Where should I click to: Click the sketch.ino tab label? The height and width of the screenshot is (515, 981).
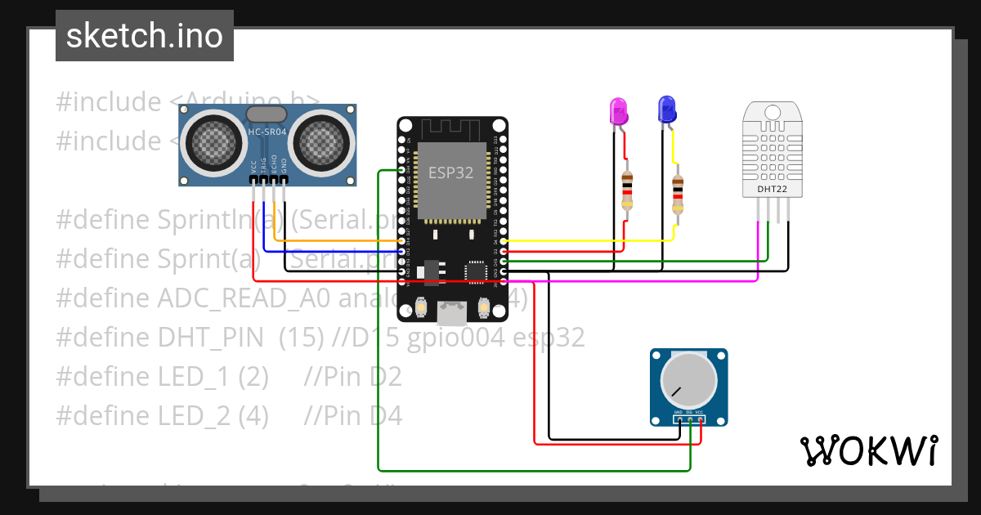(145, 36)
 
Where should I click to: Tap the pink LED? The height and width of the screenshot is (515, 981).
(618, 110)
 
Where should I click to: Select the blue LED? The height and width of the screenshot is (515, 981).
(667, 109)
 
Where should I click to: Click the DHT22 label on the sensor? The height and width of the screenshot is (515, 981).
(772, 189)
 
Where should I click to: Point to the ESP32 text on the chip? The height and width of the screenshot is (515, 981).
(451, 172)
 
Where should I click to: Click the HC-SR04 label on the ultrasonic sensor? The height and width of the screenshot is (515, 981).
(267, 132)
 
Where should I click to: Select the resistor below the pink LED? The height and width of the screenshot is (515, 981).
(627, 190)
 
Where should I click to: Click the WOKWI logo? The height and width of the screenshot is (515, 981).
(868, 450)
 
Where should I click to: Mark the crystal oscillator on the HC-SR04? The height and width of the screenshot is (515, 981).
(267, 114)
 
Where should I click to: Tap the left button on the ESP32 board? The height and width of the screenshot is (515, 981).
(421, 307)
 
